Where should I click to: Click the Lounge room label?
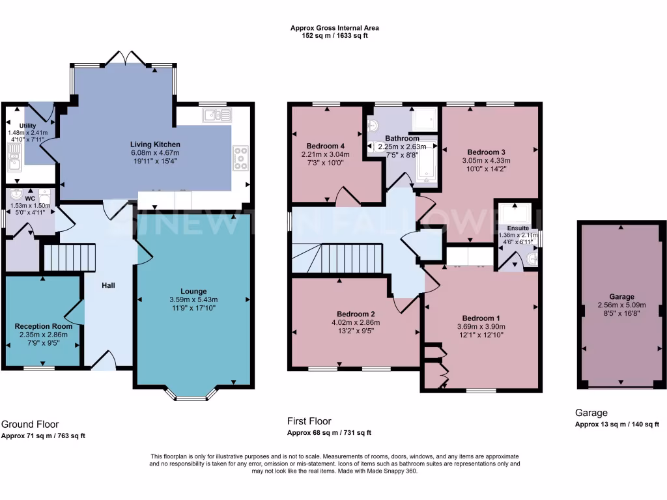click(193, 291)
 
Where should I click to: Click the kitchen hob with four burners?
click(241, 158)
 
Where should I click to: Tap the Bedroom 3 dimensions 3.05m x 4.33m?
click(486, 160)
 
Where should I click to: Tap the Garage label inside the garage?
click(621, 296)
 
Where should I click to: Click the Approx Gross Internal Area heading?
click(335, 28)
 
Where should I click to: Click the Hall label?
click(108, 285)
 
